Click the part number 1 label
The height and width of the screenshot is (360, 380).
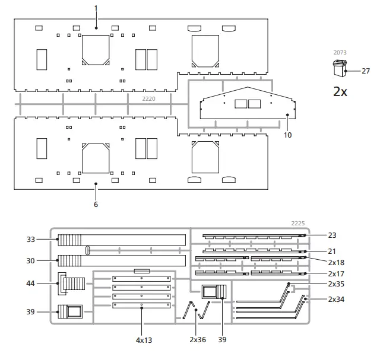point(96,8)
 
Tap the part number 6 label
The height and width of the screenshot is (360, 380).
point(96,204)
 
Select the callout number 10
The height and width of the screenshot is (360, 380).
point(287,135)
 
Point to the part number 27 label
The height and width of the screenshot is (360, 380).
point(366,71)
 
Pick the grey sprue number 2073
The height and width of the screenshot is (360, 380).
point(340,53)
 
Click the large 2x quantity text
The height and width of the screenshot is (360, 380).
point(340,92)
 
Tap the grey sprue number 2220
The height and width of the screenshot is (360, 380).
point(148,98)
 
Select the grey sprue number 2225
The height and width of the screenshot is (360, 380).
point(298,224)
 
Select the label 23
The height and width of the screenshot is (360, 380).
point(332,235)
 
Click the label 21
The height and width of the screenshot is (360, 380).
point(332,251)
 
